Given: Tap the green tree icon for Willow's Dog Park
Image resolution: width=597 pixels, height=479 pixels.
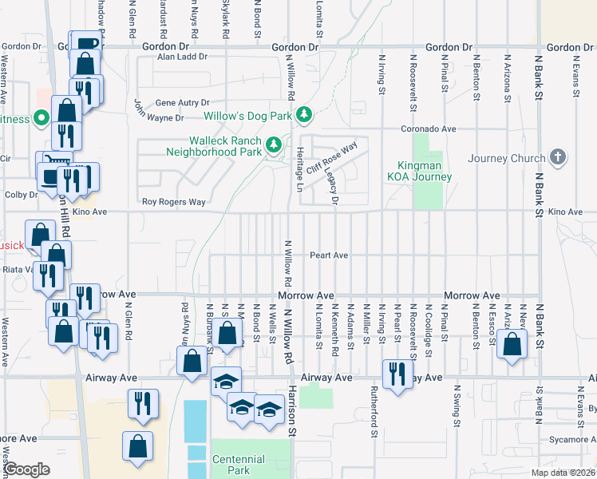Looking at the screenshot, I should tap(304, 117).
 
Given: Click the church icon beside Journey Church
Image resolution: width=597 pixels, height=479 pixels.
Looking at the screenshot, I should tap(558, 157).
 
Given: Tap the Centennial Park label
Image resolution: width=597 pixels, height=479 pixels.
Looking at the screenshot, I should tap(239, 465).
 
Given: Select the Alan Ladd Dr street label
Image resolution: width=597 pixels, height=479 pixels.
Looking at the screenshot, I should tap(182, 57).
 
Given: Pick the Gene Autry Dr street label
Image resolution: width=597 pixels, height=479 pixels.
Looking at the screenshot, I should tap(182, 103).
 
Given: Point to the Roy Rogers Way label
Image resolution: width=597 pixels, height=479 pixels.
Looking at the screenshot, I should tap(173, 202).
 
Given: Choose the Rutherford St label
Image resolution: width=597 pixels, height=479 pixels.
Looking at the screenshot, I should tap(374, 413).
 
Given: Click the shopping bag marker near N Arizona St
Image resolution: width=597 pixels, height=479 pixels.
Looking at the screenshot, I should tap(512, 345).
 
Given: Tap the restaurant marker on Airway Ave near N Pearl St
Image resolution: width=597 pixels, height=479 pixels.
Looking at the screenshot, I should tap(397, 374).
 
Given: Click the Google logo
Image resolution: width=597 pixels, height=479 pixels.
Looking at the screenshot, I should tap(27, 469).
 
